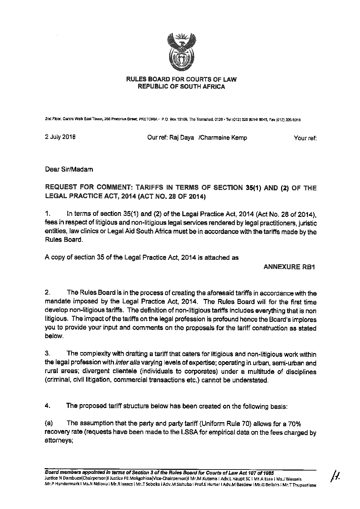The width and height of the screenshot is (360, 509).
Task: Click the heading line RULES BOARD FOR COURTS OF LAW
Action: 181,80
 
